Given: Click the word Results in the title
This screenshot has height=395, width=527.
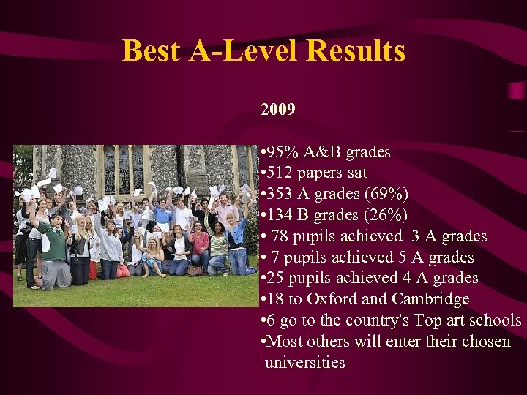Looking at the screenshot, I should [356, 50].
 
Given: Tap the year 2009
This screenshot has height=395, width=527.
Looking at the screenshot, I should [278, 110].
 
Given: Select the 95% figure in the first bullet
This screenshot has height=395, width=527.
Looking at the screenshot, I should [282, 152].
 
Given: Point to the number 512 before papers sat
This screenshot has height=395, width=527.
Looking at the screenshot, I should [279, 173].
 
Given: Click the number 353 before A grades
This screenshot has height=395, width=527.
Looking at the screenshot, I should [279, 194].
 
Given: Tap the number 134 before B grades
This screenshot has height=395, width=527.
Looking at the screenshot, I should [279, 215].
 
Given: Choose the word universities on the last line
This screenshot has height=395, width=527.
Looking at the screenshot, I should [304, 363].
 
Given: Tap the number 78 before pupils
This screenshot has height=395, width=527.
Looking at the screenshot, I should [280, 236].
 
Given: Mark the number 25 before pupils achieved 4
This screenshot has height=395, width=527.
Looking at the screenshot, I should [276, 278].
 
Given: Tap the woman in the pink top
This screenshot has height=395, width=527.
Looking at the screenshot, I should [199, 245].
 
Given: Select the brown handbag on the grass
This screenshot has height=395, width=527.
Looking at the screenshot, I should [195, 271].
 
